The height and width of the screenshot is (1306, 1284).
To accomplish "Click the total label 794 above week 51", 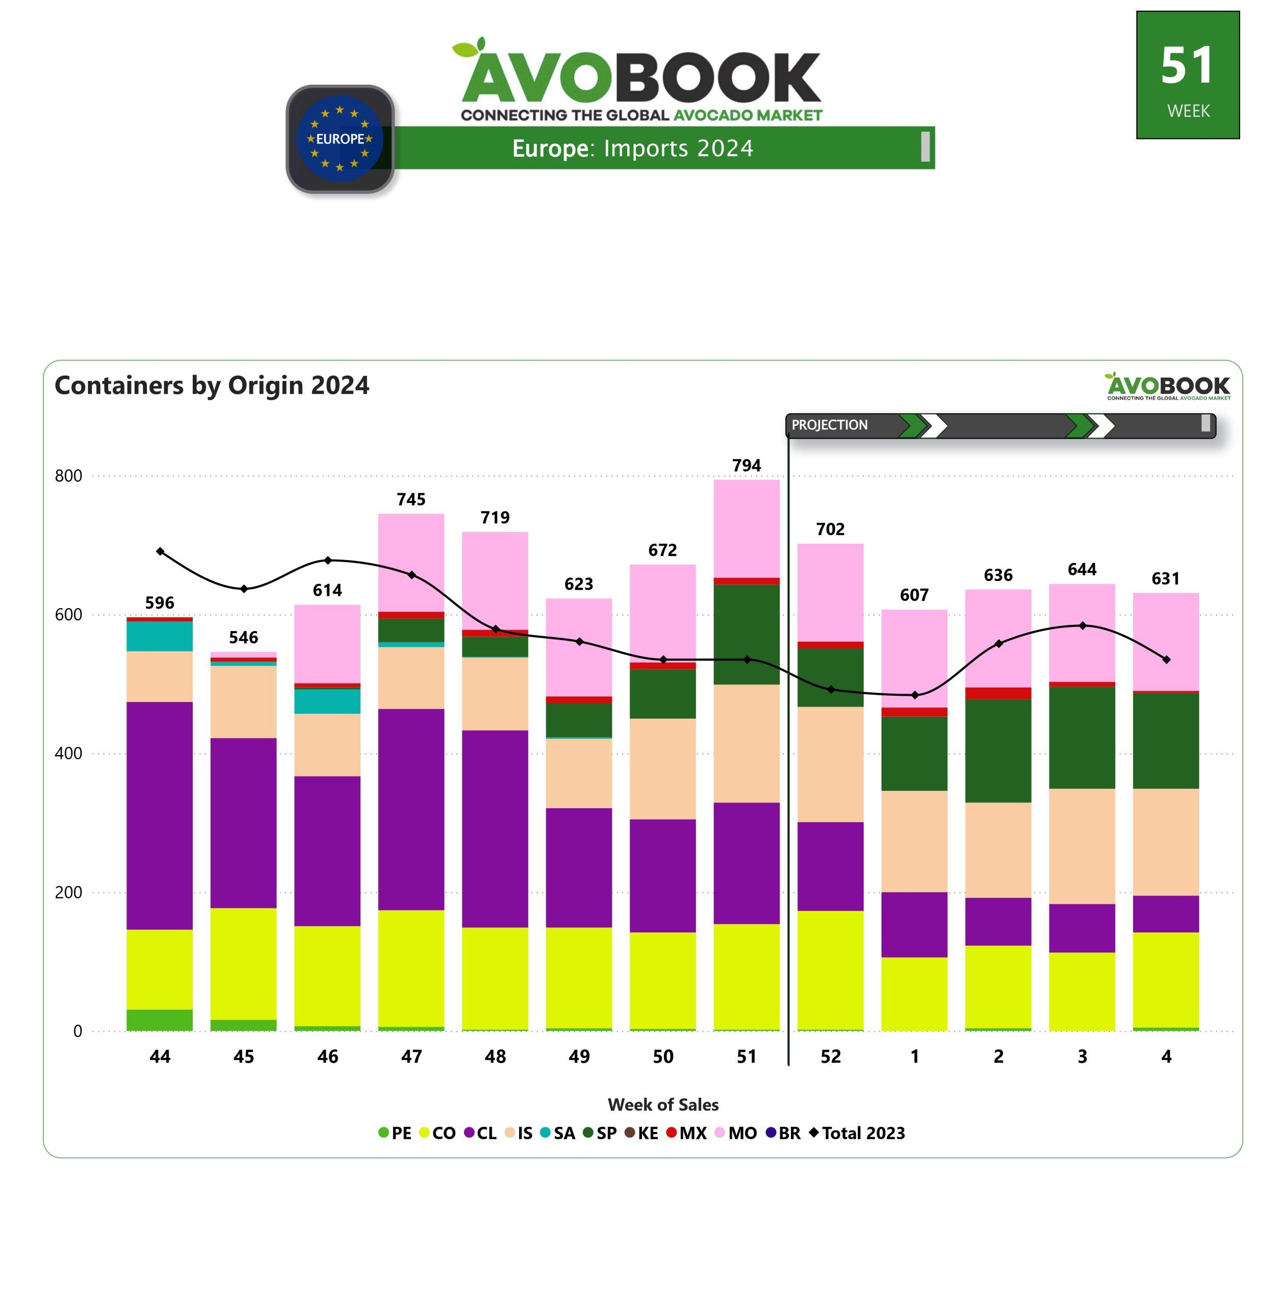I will point(746,465).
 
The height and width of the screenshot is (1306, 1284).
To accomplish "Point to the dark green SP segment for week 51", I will point(746,634).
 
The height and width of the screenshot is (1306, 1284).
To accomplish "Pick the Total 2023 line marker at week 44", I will point(160,551).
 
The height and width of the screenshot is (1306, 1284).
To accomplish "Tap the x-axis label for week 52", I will point(830,1057).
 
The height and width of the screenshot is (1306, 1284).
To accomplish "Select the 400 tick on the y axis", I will point(68,753).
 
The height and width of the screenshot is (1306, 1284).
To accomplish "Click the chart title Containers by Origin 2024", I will point(212,385).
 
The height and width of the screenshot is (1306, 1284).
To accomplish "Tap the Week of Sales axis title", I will point(663,1104).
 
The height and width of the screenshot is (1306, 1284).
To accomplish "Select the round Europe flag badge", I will point(340,138).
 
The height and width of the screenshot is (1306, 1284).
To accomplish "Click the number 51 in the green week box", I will point(1187,66).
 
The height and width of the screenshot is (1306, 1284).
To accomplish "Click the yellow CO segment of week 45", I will point(243,963).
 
